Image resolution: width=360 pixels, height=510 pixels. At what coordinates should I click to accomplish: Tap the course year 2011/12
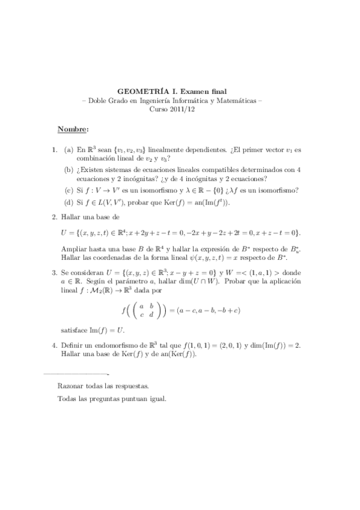(195, 110)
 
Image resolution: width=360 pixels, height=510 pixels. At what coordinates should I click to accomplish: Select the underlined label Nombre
(73, 129)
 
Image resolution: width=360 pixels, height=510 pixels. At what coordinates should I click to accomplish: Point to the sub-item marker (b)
(69, 170)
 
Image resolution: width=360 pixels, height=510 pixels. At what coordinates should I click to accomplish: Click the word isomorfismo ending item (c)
(279, 191)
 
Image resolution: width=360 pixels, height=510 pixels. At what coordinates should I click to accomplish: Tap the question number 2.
(55, 217)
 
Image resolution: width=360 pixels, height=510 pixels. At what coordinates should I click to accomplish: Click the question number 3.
(55, 272)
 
